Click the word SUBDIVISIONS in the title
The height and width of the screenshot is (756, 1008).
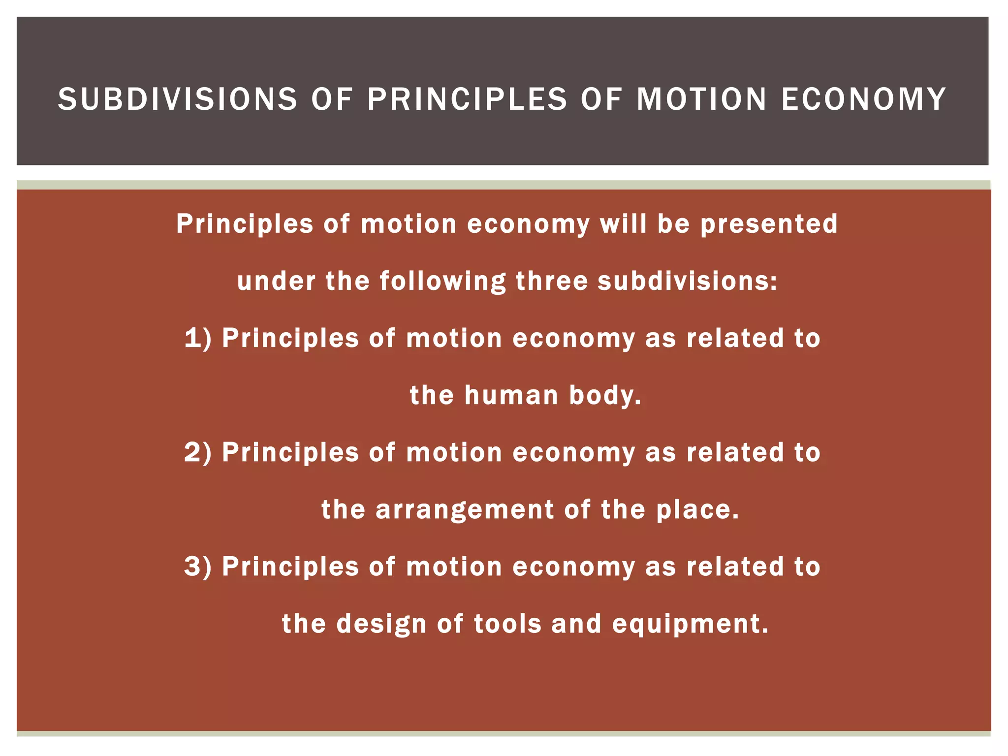[x=178, y=99]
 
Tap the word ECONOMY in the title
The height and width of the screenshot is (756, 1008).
[x=864, y=99]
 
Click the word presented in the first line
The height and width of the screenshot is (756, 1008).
[x=769, y=224]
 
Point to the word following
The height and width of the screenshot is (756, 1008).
[x=442, y=282]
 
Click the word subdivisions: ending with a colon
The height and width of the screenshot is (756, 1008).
[x=687, y=281]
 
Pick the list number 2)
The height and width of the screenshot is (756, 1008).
[x=198, y=452]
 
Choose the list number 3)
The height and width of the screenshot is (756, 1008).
[x=198, y=567]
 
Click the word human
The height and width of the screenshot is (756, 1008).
[x=511, y=395]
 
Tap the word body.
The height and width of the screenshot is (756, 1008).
[x=605, y=395]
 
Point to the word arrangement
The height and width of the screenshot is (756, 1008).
[x=465, y=509]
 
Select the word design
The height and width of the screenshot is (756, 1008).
[x=381, y=624]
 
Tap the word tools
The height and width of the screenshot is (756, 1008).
[x=506, y=624]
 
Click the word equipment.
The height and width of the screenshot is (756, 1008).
[x=690, y=624]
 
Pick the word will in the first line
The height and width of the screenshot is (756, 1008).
[x=623, y=224]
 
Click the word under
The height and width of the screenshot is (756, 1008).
[x=276, y=281]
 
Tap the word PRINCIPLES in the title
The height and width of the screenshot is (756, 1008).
[x=467, y=99]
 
